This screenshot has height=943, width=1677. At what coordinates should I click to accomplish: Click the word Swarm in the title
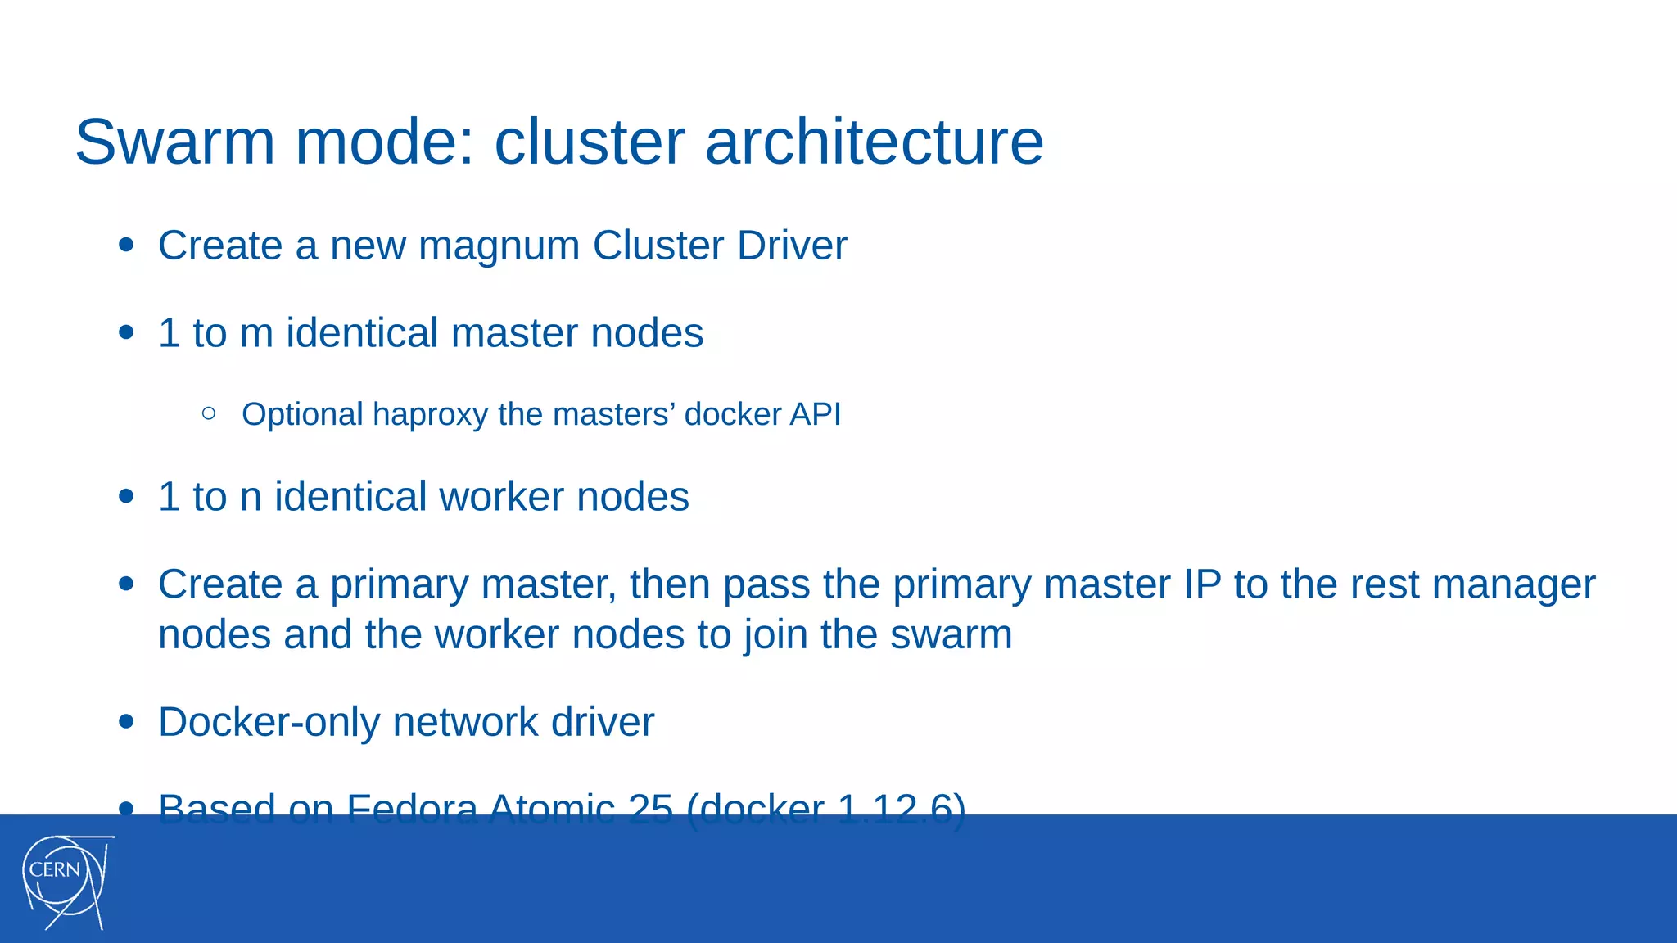(174, 142)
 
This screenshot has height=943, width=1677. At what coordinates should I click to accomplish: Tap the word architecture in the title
(874, 142)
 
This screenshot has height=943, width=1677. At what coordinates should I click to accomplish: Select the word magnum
(499, 246)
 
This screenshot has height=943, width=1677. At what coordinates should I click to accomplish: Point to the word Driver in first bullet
(792, 246)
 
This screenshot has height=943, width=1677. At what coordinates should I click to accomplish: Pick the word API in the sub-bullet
(815, 414)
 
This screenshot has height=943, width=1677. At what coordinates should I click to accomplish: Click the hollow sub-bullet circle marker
(209, 414)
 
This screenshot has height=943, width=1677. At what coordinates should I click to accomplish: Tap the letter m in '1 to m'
(256, 334)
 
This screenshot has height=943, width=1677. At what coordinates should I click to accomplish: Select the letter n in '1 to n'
(251, 498)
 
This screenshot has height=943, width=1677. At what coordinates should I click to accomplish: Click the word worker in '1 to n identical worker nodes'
(501, 497)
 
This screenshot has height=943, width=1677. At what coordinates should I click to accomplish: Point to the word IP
(1202, 584)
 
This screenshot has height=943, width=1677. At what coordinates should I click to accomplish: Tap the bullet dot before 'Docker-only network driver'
(126, 722)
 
